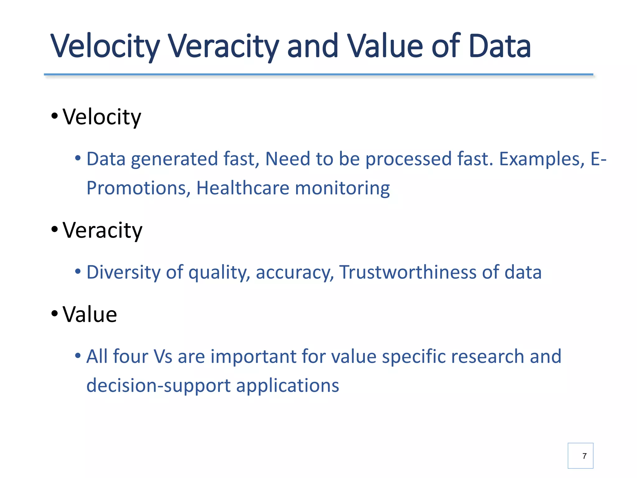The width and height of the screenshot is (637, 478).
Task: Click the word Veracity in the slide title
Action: coord(223,46)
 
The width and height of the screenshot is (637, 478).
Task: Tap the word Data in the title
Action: coord(500,46)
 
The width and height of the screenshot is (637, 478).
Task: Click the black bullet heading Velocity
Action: coord(102,117)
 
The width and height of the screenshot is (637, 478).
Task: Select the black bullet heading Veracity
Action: coord(102,231)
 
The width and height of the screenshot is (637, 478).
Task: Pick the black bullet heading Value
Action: coord(90,314)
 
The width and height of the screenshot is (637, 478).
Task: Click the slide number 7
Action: coord(584,456)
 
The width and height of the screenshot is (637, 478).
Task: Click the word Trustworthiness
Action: coord(408,272)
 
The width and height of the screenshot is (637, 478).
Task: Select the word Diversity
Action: coord(123,272)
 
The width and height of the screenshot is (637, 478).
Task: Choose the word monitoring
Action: coord(342,188)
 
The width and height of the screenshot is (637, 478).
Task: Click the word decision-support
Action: coord(158,386)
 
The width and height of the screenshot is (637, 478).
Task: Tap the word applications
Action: coord(287,386)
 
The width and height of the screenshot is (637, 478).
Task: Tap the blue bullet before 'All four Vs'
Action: coord(78,355)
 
